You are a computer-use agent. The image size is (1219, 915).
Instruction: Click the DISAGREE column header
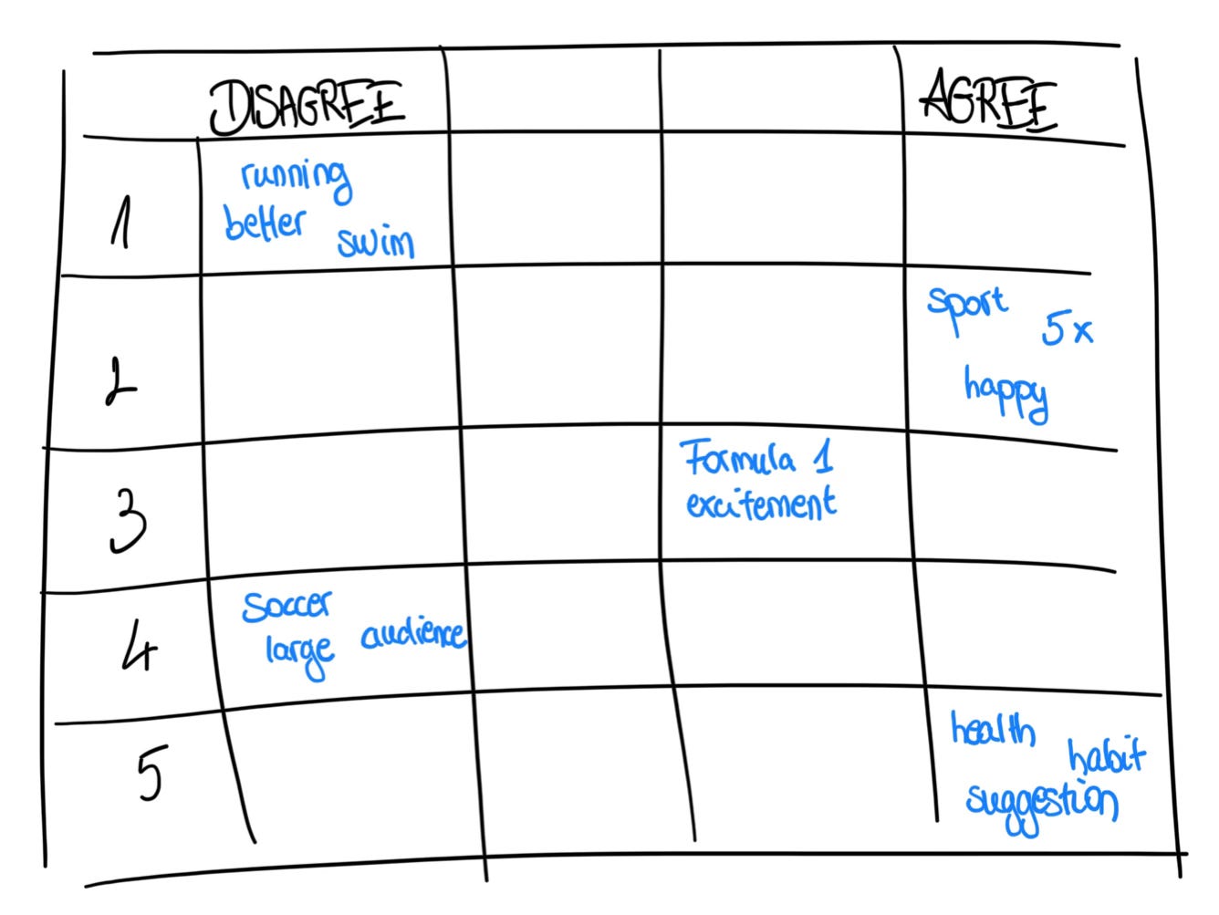tap(307, 106)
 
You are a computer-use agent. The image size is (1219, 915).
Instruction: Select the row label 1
tap(119, 224)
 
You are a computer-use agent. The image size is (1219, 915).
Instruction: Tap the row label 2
tap(120, 381)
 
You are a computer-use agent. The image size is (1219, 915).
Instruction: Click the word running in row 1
tap(296, 177)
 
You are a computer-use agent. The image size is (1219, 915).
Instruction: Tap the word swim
tap(376, 242)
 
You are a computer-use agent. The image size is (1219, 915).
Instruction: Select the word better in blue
tap(265, 222)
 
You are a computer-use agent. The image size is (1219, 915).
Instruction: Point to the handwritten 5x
tap(1067, 330)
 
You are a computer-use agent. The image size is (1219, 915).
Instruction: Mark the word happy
tap(1005, 392)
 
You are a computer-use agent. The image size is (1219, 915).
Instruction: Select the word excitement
tap(760, 504)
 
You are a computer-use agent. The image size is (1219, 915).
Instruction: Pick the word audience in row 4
tap(413, 634)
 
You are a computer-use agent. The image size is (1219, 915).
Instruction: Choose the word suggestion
tap(1041, 805)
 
